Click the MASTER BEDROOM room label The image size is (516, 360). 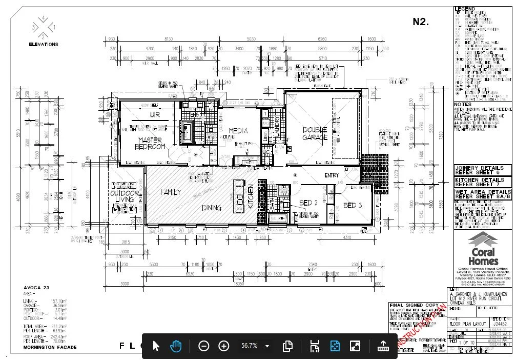click(x=151, y=143)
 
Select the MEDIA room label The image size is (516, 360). click(x=238, y=131)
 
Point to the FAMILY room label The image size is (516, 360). click(x=171, y=192)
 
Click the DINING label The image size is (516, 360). click(x=211, y=208)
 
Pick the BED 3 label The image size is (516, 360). click(x=353, y=205)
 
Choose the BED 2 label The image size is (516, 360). click(x=308, y=203)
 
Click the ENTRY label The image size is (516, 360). click(x=332, y=175)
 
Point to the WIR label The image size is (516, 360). click(x=154, y=114)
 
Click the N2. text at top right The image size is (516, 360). click(x=421, y=22)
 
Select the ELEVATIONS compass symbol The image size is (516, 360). click(x=44, y=27)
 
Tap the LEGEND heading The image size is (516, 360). click(x=465, y=9)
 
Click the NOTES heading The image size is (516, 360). click(x=462, y=104)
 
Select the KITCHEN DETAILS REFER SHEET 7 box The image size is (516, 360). click(x=482, y=182)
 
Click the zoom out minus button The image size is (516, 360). click(x=203, y=346)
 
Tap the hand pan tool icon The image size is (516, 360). click(x=176, y=346)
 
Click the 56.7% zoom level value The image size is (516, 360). click(x=250, y=346)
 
